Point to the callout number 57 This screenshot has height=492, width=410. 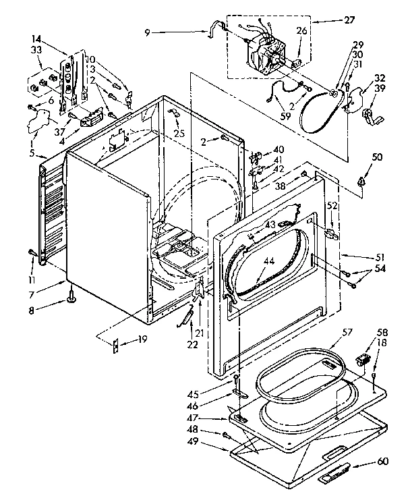[x=347, y=332]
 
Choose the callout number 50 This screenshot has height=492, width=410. [x=376, y=157]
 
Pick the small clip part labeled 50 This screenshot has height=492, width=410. [x=361, y=181]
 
